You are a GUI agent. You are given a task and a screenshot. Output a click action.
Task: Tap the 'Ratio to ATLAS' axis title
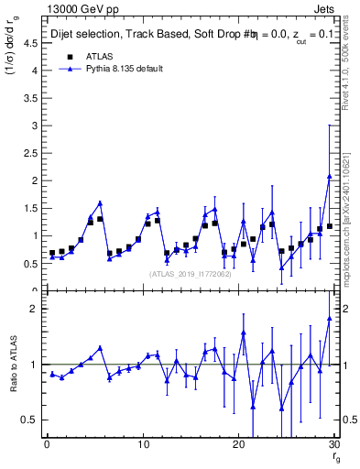coord(12,364)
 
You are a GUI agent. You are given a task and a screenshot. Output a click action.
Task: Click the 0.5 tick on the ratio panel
coord(29,420)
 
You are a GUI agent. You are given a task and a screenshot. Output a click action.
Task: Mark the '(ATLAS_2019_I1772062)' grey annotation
coord(191,273)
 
